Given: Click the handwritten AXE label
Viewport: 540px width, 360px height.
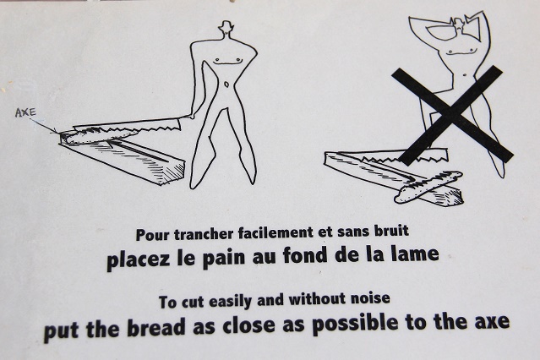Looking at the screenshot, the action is point(25,112).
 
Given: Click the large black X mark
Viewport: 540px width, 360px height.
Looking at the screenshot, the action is point(452,115).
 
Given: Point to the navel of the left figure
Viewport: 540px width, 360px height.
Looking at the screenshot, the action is point(226,84).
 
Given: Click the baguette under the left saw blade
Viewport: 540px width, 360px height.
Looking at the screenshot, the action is point(102,135).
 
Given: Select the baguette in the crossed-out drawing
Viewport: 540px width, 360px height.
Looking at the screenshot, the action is point(428,186).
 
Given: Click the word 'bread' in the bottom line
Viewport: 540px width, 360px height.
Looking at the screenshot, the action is point(156,327).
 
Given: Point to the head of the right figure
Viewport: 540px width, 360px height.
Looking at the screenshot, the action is point(460,25).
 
